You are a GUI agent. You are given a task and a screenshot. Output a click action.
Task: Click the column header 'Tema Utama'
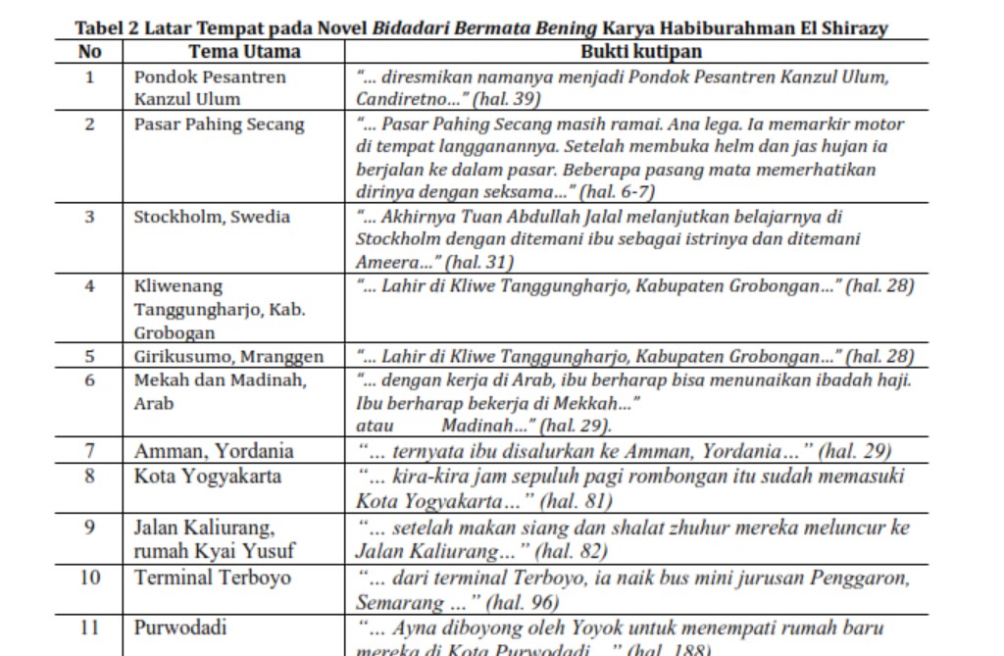(244, 52)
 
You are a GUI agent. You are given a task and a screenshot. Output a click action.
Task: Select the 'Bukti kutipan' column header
(640, 52)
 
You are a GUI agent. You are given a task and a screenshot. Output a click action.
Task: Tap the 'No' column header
(89, 52)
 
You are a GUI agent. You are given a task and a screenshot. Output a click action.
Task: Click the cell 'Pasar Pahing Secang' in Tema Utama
(219, 125)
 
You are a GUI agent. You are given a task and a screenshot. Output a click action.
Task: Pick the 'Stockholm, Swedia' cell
(212, 217)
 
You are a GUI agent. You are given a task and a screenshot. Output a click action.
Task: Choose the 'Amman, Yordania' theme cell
(214, 452)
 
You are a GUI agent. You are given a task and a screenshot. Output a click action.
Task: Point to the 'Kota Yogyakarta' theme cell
(208, 477)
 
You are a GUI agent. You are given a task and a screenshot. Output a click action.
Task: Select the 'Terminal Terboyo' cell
(213, 578)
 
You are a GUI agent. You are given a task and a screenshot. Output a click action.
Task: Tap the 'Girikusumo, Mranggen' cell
(228, 357)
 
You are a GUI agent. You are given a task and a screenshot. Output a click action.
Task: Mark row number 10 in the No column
(89, 578)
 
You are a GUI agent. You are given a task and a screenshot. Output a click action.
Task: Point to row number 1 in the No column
(89, 76)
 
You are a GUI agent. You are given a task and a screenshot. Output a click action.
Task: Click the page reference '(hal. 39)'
(506, 99)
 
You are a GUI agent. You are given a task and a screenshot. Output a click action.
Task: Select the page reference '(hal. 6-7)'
(618, 192)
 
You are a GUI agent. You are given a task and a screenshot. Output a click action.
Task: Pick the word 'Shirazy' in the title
(853, 28)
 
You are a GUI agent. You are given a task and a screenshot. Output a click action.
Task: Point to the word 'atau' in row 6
(375, 426)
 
